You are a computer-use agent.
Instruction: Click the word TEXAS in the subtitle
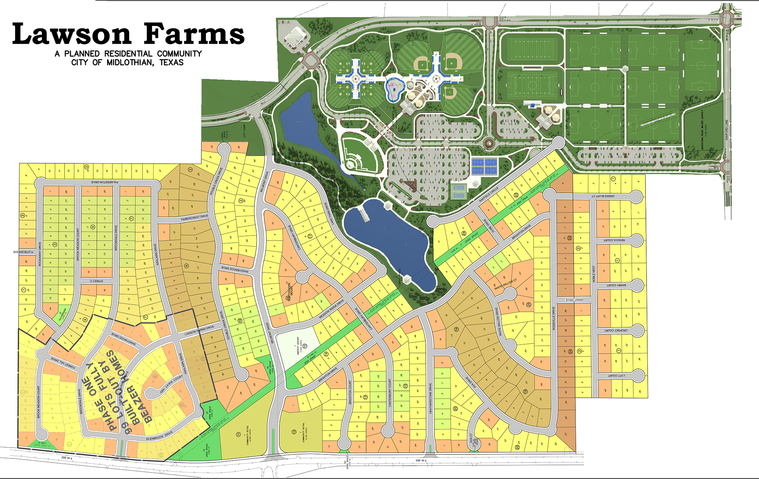(171, 62)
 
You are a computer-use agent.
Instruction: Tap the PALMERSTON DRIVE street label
(104, 182)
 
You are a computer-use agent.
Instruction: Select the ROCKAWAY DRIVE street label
(40, 254)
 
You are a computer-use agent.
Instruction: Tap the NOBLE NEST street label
(593, 273)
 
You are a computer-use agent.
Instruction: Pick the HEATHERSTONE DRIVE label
(430, 398)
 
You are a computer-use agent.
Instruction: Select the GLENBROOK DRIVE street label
(159, 436)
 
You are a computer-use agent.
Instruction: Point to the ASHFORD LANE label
(727, 130)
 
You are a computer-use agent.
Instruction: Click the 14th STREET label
(219, 119)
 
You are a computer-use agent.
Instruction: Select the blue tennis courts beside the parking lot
(484, 166)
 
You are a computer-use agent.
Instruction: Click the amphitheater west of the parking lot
(358, 154)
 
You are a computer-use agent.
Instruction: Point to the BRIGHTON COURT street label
(350, 392)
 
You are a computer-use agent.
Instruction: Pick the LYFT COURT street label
(616, 376)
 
